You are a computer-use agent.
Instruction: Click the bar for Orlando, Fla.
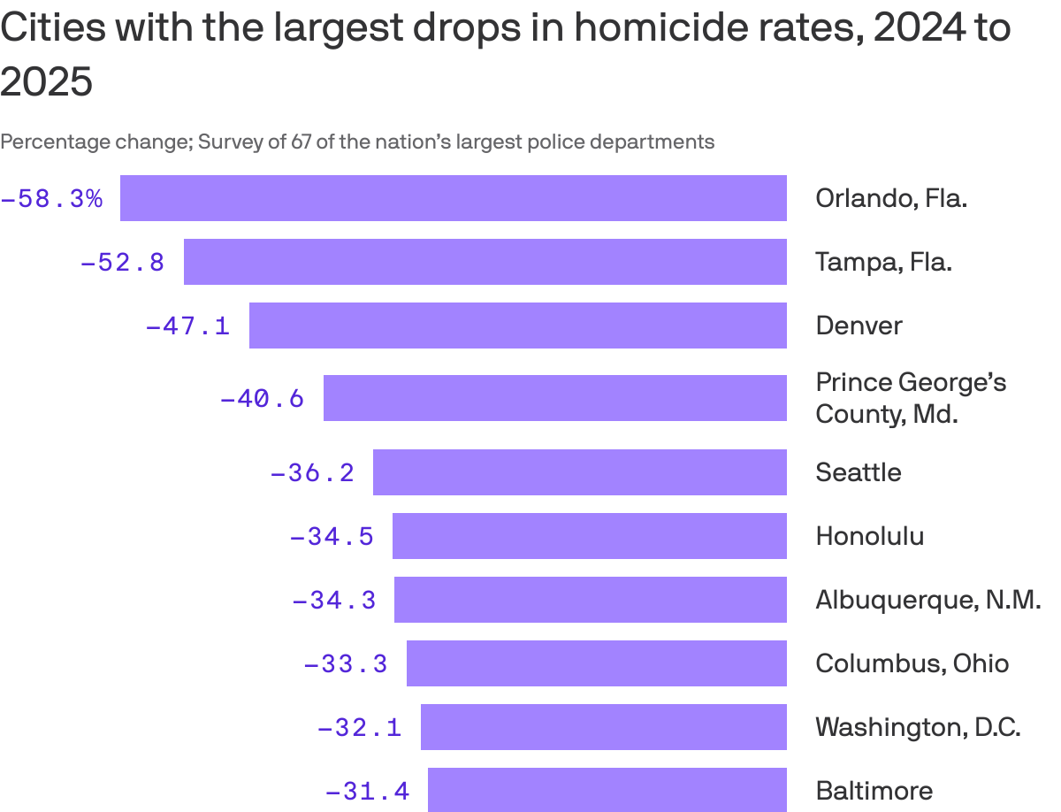(453, 198)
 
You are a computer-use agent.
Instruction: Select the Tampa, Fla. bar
(485, 262)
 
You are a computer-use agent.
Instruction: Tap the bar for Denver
(517, 326)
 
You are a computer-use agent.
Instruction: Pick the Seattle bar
(579, 472)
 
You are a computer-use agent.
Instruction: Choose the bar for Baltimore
(607, 790)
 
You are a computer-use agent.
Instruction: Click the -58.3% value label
(52, 199)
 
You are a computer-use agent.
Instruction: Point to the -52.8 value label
(123, 263)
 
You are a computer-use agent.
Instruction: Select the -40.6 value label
(262, 399)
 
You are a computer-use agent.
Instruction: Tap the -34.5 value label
(332, 536)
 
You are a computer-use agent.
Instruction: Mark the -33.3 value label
(346, 663)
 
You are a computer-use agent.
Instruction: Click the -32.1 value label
(360, 727)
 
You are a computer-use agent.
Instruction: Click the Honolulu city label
(869, 536)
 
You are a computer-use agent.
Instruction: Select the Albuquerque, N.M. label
(927, 600)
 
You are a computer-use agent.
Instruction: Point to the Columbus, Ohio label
(912, 663)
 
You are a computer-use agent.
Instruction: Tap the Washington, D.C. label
(918, 727)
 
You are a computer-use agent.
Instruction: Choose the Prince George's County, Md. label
(911, 398)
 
